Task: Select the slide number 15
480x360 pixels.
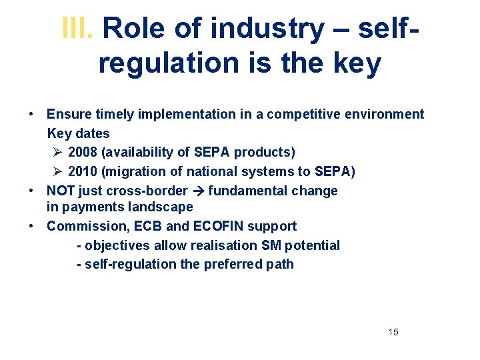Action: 393,332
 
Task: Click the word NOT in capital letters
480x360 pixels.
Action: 61,191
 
